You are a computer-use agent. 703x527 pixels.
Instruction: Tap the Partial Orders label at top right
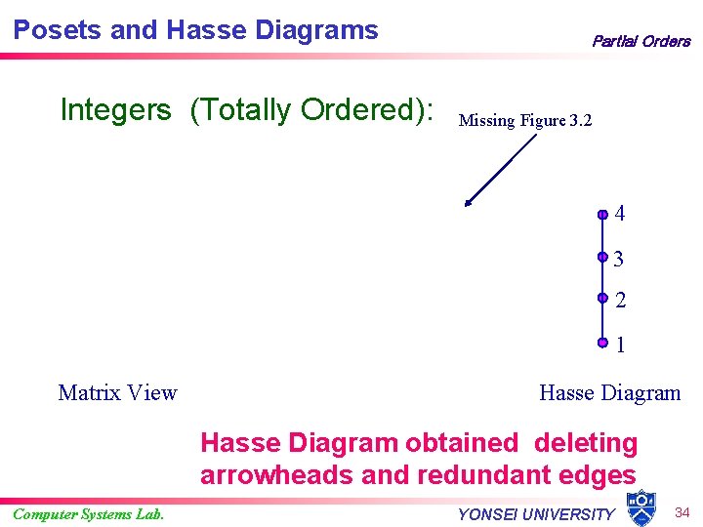coord(641,41)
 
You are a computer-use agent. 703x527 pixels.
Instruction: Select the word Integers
coord(115,110)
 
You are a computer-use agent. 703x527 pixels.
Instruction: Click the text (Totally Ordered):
coord(311,110)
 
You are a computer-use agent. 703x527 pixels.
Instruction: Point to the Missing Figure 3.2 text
coord(525,121)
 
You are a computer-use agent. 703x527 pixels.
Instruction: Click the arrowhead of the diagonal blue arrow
coord(469,204)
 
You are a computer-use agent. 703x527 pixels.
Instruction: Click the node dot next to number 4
coord(603,214)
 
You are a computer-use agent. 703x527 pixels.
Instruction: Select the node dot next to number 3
coord(603,259)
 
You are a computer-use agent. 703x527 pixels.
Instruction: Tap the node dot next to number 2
coord(603,300)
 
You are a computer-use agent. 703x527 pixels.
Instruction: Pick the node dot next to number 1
coord(603,343)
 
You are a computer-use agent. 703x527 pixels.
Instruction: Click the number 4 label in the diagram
coord(621,214)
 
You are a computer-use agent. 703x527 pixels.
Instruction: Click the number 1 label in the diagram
coord(621,345)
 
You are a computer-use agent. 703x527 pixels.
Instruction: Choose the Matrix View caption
coord(117,392)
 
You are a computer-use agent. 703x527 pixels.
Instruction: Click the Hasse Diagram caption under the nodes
coord(609,392)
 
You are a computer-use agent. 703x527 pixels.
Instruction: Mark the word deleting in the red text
coord(585,443)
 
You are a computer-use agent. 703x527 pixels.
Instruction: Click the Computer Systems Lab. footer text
coord(89,514)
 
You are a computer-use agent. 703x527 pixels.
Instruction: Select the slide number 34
coord(682,512)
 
